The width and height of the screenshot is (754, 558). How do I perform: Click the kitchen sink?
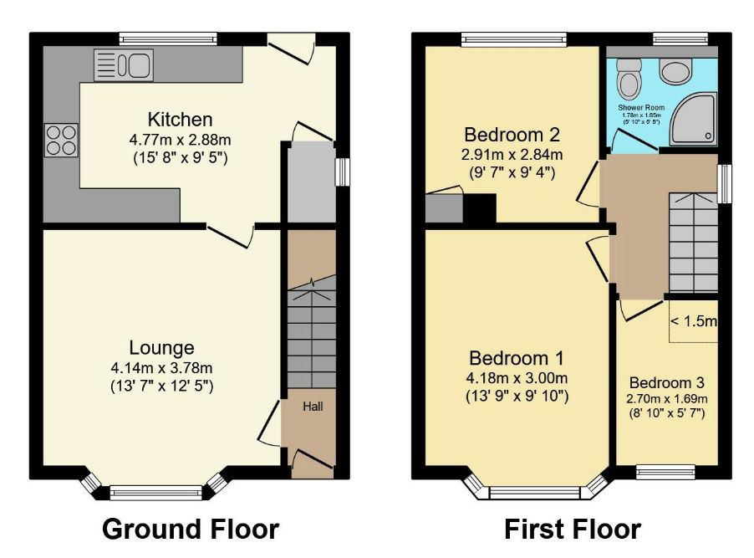click(122, 64)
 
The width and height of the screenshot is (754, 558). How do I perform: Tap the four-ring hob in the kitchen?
click(61, 139)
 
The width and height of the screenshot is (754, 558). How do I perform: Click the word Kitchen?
click(180, 120)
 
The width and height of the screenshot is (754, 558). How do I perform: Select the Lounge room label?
click(161, 348)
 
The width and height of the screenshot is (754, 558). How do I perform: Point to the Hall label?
click(313, 407)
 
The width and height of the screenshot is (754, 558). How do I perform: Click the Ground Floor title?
click(191, 529)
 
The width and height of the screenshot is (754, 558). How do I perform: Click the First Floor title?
click(573, 529)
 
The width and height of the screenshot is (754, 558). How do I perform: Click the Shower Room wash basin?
click(675, 70)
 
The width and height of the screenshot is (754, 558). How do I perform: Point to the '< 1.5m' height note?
click(693, 321)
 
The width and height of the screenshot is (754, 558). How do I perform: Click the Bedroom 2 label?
click(512, 135)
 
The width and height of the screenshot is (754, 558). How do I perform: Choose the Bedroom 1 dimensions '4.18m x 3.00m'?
click(517, 377)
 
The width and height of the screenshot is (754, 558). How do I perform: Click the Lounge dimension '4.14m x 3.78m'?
click(161, 368)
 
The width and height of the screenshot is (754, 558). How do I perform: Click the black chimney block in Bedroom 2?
click(480, 208)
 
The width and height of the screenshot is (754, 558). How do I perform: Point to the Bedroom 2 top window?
click(513, 38)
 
